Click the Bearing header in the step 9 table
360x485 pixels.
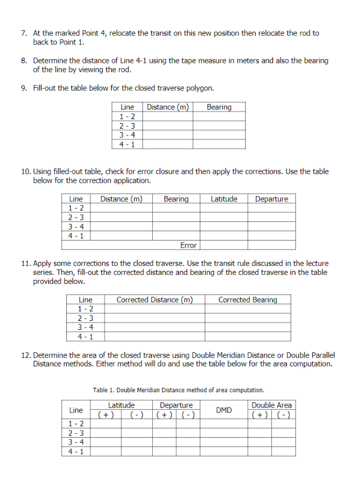click(218, 107)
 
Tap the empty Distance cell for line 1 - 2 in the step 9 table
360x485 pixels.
click(167, 116)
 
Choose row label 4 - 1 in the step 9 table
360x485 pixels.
click(127, 144)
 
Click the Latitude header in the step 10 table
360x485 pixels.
click(224, 199)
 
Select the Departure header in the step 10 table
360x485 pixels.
click(271, 199)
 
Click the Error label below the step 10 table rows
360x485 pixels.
click(188, 245)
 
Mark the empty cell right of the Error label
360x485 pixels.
click(248, 245)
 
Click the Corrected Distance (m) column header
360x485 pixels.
click(154, 300)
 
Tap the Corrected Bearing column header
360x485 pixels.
click(248, 300)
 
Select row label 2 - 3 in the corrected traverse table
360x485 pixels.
click(85, 318)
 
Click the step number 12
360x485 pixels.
click(26, 355)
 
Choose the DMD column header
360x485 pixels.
click(224, 410)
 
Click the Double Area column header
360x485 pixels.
click(271, 405)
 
